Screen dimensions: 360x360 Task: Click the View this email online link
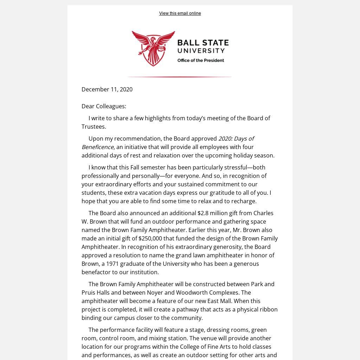click(180, 13)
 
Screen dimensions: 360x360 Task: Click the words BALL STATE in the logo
click(203, 43)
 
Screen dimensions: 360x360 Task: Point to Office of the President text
click(200, 60)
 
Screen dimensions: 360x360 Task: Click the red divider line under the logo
click(179, 77)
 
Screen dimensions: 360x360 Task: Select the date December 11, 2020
click(107, 89)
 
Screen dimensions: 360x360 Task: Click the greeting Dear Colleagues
click(104, 106)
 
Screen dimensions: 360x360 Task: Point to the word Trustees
click(94, 127)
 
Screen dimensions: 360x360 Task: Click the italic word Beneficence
click(97, 147)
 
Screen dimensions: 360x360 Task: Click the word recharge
click(244, 201)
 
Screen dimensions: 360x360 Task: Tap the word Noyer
click(155, 292)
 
